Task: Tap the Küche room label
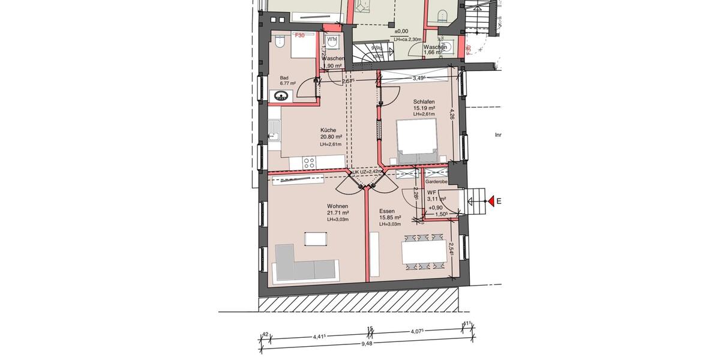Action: pos(328,130)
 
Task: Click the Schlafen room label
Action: pos(423,102)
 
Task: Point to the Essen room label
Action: pos(387,211)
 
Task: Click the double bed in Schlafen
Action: pos(415,140)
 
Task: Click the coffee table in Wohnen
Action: pos(316,238)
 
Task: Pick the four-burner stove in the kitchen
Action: pos(310,161)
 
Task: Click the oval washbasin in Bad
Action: pos(281,95)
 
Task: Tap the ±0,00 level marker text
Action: pos(401,31)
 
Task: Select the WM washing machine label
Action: pos(332,39)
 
